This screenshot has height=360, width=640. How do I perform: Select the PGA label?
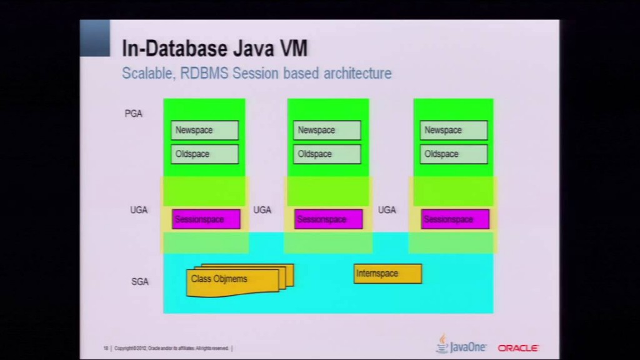tap(133, 114)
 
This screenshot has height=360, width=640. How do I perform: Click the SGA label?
tap(140, 282)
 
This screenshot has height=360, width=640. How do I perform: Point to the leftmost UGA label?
tap(139, 210)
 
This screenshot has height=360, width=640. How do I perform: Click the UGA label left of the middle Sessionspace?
tap(262, 210)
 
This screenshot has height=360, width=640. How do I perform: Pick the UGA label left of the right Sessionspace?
tap(387, 210)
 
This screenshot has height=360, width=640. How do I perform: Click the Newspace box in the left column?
tap(204, 130)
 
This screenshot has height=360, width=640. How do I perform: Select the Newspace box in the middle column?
tap(327, 130)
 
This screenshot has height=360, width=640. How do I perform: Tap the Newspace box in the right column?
tap(453, 130)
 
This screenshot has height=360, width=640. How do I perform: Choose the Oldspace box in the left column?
tap(204, 154)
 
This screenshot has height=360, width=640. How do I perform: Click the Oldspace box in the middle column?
tap(327, 154)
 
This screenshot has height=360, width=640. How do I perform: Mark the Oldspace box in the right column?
tap(453, 154)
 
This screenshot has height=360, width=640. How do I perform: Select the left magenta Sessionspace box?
tap(206, 219)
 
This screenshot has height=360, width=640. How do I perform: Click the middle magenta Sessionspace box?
tap(328, 219)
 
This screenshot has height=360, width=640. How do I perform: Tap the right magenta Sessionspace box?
tap(454, 219)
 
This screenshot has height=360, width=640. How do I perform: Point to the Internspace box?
tap(387, 274)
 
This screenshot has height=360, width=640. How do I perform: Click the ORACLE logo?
tap(518, 347)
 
